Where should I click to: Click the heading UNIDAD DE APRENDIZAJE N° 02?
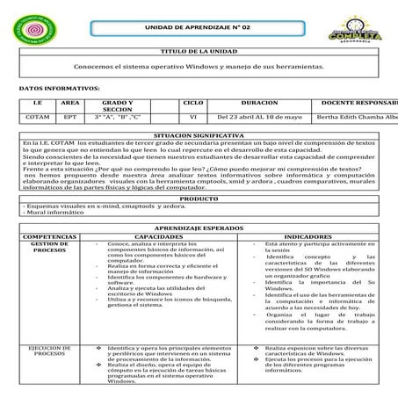199,28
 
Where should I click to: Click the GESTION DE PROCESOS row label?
50,246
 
